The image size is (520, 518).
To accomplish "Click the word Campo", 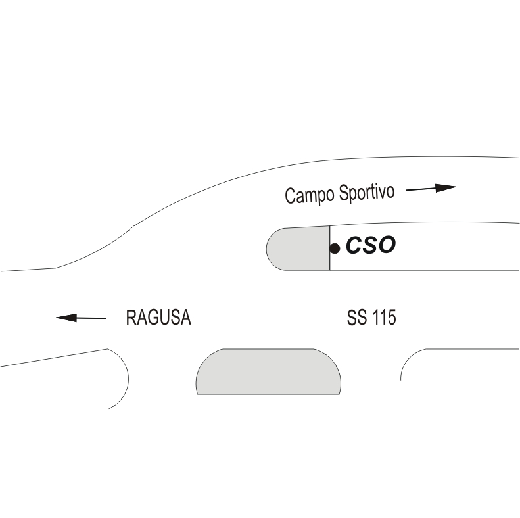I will (310, 195).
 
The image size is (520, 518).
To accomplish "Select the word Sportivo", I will (367, 193).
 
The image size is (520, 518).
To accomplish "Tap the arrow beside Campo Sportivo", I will (431, 189).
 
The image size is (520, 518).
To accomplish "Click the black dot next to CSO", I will (335, 248).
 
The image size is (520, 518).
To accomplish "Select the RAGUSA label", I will (158, 318).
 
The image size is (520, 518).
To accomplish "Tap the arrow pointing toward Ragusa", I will (82, 318).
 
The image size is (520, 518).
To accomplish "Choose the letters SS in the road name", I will (356, 318).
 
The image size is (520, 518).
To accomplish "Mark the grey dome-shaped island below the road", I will (268, 372).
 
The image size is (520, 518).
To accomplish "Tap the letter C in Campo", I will (290, 196).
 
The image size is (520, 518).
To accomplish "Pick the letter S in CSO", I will (369, 246).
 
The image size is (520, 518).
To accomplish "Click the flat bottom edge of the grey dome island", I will (268, 394).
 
